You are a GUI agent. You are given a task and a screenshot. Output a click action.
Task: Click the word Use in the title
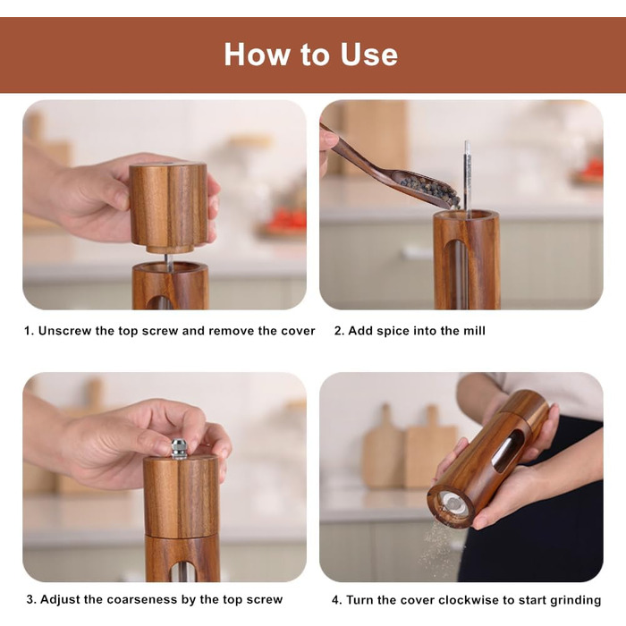[368, 55]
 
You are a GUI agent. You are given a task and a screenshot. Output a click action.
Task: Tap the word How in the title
[258, 55]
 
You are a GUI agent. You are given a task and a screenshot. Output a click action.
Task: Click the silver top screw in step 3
[179, 449]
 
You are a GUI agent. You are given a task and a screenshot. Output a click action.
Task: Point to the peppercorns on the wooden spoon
[431, 190]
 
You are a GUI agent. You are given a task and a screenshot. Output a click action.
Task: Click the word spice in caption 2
[391, 331]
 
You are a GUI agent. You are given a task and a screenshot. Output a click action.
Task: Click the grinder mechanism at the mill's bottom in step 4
[453, 503]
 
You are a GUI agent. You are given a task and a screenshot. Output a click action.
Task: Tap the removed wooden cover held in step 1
[168, 207]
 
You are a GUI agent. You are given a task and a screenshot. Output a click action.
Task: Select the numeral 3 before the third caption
[30, 600]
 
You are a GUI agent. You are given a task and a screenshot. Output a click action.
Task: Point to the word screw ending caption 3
[265, 600]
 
